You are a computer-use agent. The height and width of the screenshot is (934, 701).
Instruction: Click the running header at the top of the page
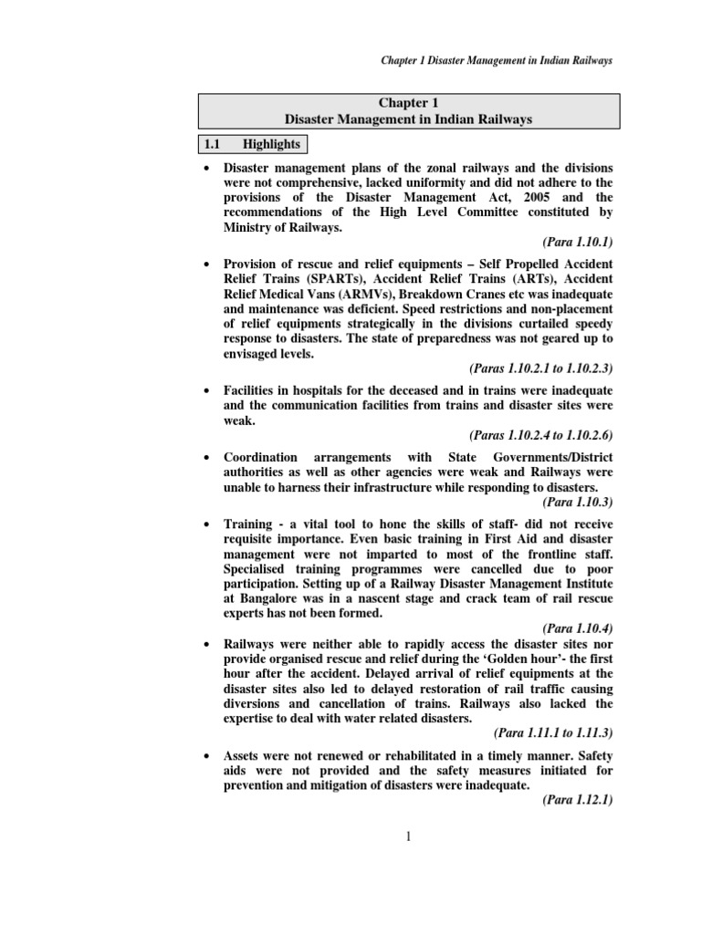pyautogui.click(x=496, y=60)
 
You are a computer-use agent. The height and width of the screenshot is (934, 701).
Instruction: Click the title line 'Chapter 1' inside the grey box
pyautogui.click(x=409, y=103)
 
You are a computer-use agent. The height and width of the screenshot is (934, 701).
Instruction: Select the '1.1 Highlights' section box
pyautogui.click(x=252, y=144)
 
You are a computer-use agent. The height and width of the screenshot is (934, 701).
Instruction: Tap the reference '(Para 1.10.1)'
pyautogui.click(x=578, y=243)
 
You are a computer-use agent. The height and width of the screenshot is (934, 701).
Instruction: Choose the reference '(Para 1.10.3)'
pyautogui.click(x=578, y=502)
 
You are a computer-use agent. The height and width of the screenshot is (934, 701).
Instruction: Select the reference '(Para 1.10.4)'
pyautogui.click(x=578, y=628)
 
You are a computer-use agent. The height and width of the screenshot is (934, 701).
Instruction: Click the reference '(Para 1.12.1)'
pyautogui.click(x=578, y=800)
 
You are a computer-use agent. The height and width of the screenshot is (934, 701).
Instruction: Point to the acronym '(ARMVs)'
pyautogui.click(x=348, y=295)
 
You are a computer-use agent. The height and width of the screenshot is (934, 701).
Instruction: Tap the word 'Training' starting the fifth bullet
pyautogui.click(x=248, y=524)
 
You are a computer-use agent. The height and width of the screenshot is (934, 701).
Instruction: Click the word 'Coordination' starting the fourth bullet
pyautogui.click(x=261, y=457)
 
